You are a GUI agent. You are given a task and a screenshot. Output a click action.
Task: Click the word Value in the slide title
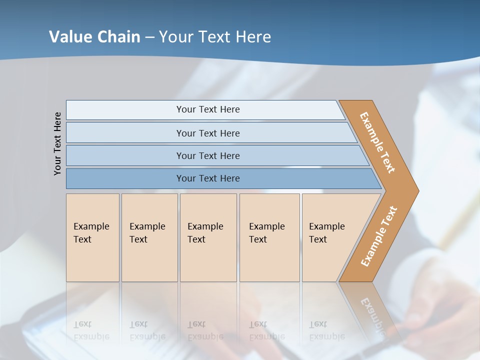pos(69,36)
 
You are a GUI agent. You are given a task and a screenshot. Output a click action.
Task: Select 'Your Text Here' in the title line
pos(215,36)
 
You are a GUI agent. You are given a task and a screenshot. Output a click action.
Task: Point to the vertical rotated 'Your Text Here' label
pos(57,143)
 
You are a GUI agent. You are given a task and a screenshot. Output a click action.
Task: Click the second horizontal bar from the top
pos(207,133)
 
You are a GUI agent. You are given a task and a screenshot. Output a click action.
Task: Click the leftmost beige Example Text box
pos(92,237)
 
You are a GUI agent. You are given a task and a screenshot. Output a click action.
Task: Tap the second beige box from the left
pos(149,237)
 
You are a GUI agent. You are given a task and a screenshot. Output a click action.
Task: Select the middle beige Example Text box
pos(208,237)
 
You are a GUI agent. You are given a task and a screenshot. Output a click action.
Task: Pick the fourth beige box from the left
pos(269,237)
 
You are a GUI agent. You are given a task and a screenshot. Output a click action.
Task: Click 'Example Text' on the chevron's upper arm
pos(377,142)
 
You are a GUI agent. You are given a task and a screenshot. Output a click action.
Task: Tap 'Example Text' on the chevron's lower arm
pos(379,236)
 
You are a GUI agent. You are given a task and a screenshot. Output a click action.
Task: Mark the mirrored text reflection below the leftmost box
pos(91,330)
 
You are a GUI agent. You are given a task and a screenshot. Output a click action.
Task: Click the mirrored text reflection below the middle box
pos(205,330)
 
